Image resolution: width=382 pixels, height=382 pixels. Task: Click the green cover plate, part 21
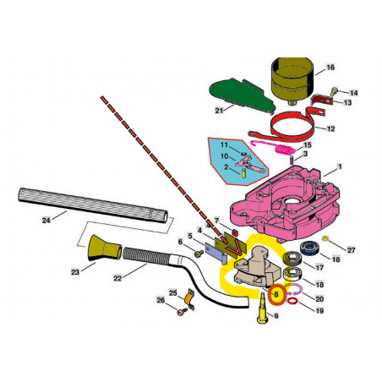coord(241,95)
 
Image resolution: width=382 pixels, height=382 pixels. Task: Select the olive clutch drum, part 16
coord(292,79)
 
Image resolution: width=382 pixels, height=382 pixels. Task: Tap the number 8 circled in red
coord(276,295)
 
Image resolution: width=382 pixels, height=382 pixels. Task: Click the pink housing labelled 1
coord(285,204)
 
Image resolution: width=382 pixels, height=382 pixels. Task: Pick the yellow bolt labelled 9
coord(262,308)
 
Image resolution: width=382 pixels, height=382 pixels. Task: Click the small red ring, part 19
coord(292,302)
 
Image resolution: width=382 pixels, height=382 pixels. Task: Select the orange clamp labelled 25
coord(189,299)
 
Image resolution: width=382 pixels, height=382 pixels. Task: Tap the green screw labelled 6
coord(199,254)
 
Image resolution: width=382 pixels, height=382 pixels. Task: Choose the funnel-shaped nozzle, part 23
coord(104,248)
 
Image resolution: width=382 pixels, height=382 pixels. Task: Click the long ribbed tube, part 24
coord(93,205)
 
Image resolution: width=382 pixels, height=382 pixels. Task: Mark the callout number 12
coord(330,128)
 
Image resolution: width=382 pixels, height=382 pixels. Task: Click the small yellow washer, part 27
coord(325,239)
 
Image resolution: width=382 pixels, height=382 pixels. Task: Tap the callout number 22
coord(117,278)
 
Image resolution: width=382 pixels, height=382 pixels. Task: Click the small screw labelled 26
coord(182,311)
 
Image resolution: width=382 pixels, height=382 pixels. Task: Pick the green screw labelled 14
coord(335,90)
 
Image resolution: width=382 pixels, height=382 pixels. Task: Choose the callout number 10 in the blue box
coord(224,156)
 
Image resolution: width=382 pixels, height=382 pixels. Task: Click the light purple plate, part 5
coord(216,254)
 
